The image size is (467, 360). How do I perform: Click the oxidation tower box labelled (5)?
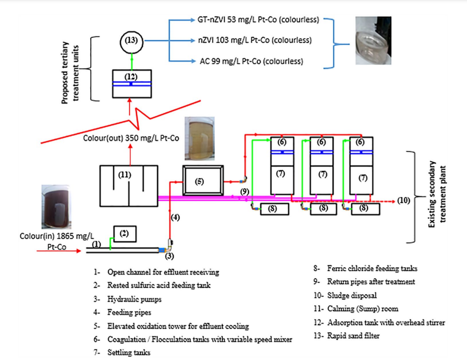(202, 180)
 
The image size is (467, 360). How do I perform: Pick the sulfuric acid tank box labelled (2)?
(125, 233)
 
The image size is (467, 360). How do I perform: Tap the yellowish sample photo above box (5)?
(199, 139)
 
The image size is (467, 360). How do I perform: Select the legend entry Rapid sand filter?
(353, 336)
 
